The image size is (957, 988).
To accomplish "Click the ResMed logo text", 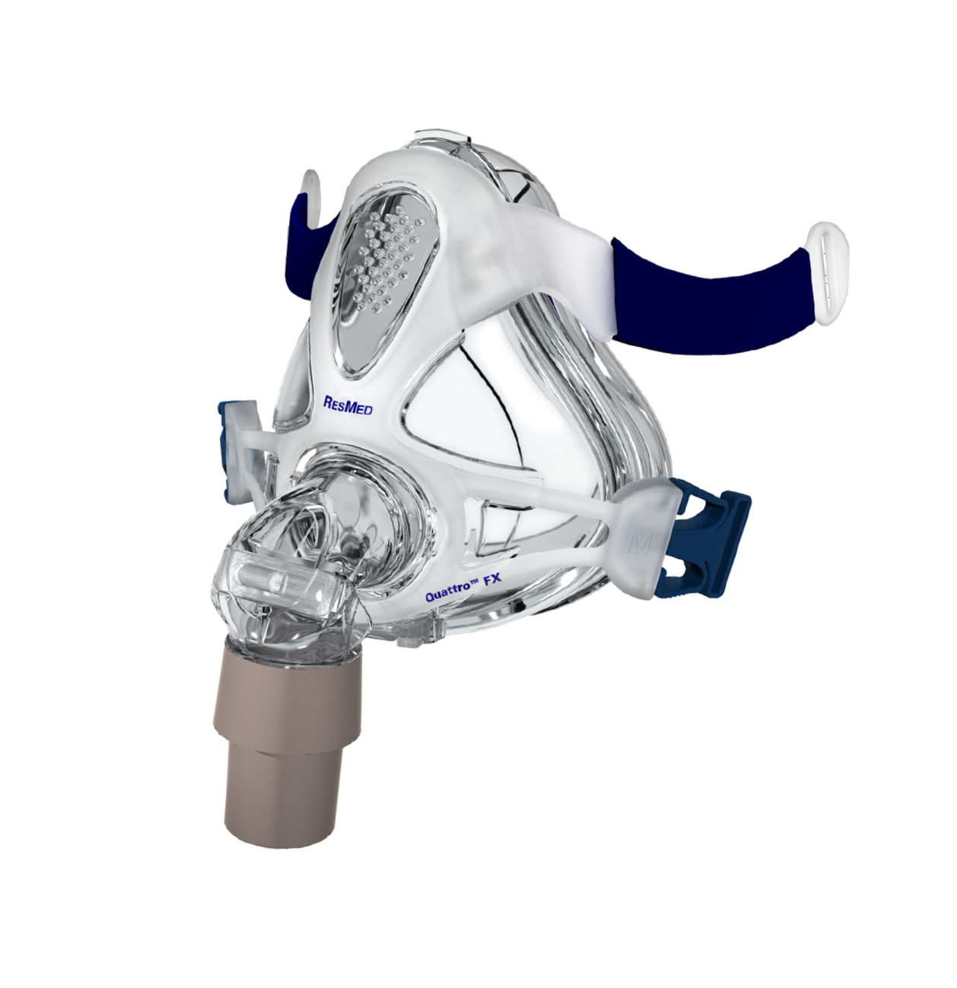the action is coord(348,405).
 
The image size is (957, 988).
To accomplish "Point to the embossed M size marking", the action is coord(640,545).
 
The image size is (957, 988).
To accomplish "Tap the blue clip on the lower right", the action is coord(711,542).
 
